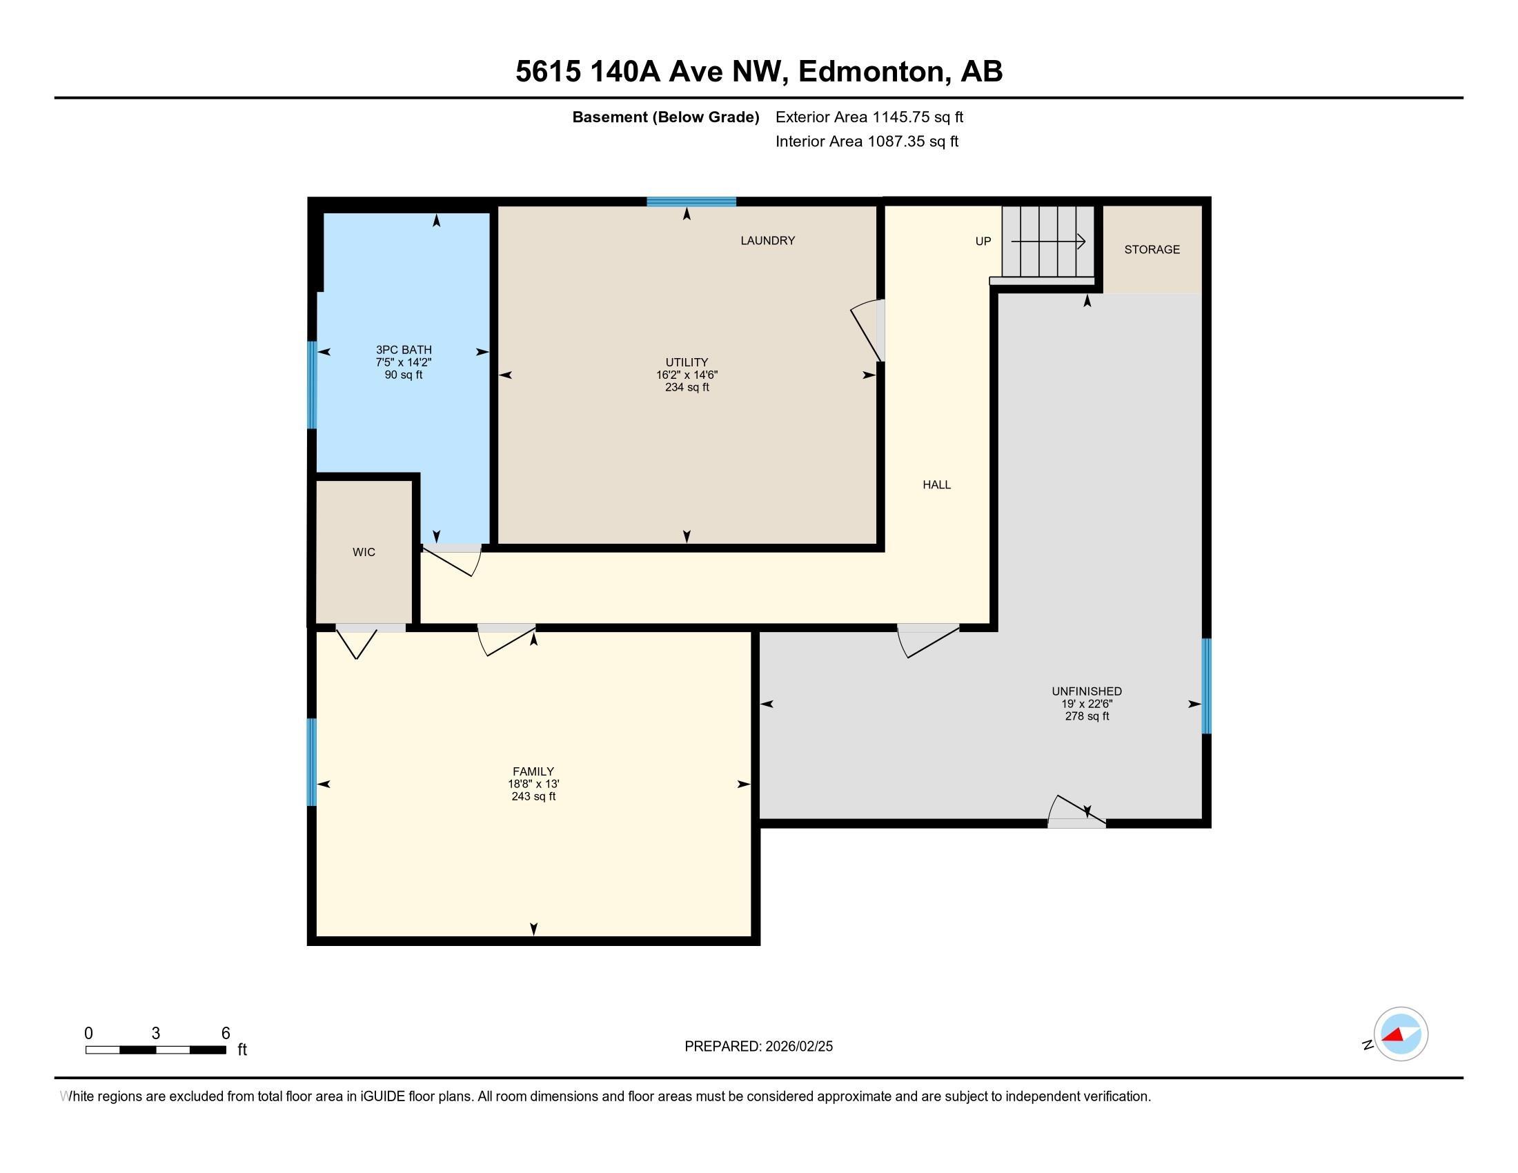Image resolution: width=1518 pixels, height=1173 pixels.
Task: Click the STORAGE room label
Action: point(1152,250)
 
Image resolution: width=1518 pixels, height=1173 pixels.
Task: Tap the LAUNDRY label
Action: point(767,240)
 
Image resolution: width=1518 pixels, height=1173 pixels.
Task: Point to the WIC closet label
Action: point(364,552)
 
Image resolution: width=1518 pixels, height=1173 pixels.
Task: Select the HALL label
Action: point(936,484)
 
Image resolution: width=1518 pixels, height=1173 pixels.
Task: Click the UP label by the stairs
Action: point(983,241)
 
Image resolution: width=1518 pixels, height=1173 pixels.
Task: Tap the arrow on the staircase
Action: point(1048,241)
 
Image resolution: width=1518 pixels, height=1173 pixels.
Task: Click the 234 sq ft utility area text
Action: point(687,387)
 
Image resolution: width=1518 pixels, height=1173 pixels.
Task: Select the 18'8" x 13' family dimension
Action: point(533,784)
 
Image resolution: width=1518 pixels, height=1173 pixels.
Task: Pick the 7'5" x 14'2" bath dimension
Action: point(403,362)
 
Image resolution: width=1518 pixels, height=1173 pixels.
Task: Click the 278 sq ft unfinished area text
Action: point(1086,716)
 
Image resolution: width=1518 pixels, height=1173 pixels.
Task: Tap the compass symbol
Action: point(1400,1034)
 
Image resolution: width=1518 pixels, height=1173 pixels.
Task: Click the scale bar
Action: point(156,1049)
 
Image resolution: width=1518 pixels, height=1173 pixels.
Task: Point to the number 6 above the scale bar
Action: point(225,1033)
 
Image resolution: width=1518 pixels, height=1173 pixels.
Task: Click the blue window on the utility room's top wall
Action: point(691,202)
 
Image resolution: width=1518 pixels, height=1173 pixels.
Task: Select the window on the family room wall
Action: point(312,762)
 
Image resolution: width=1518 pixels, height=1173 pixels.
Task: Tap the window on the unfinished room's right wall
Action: point(1207,686)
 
